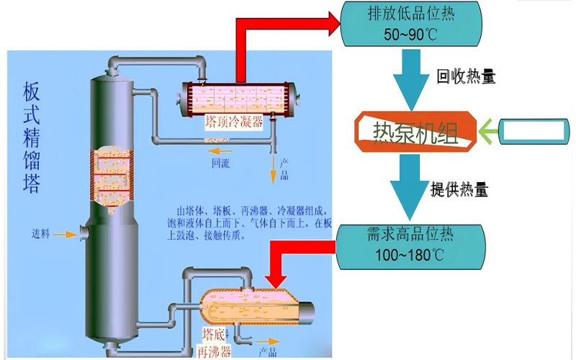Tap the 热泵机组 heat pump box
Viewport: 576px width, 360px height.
[415, 130]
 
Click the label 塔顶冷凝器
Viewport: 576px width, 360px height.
[233, 122]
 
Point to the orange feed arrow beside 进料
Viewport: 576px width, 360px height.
[66, 234]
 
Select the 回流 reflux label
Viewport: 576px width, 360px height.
[220, 163]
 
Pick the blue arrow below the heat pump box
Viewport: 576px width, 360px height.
[410, 191]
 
